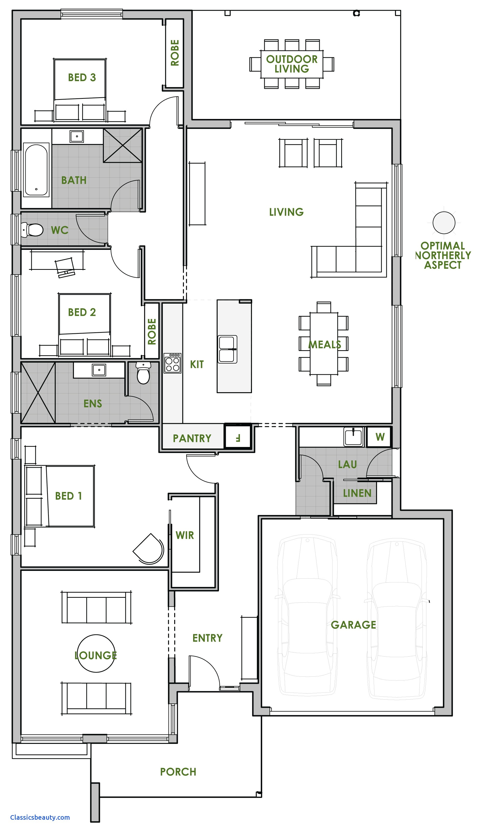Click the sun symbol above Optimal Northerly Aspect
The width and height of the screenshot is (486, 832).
(x=444, y=223)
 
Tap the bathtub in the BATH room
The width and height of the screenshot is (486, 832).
(x=36, y=170)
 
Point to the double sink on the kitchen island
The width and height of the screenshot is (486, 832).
(x=228, y=349)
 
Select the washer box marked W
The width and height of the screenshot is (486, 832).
(x=380, y=437)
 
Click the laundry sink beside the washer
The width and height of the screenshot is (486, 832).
(x=353, y=436)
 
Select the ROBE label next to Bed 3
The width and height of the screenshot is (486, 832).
(x=174, y=53)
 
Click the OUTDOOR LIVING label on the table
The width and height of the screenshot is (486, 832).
(x=292, y=64)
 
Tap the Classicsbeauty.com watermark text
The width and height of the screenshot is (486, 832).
(x=40, y=817)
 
